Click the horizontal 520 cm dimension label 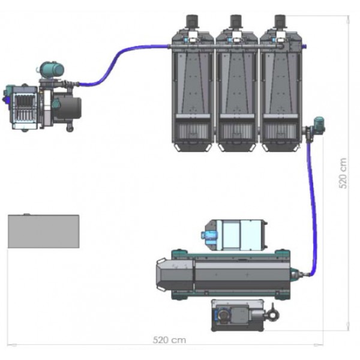pos(169,340)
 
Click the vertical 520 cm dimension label pos(343,173)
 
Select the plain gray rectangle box pos(44,231)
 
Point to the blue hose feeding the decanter pos(313,206)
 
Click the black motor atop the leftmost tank pos(192,22)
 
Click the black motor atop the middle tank pos(236,22)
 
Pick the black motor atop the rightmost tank pos(280,22)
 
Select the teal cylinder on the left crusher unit pos(52,68)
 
